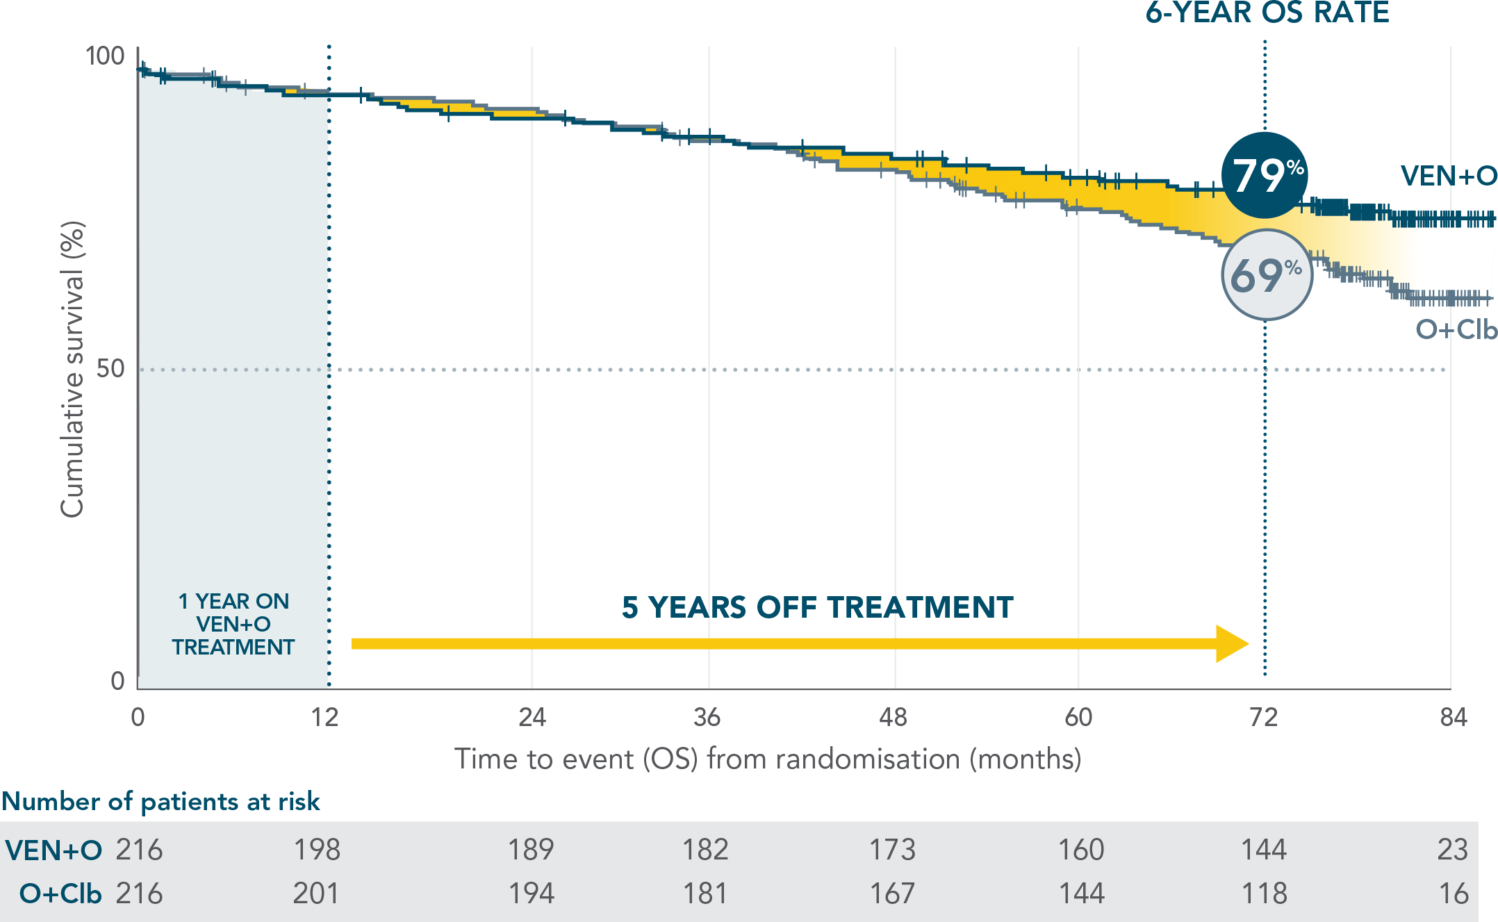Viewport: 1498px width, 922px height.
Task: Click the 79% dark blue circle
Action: point(1265,175)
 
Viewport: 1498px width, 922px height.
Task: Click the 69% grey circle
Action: point(1266,275)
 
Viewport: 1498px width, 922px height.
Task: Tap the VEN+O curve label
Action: point(1448,176)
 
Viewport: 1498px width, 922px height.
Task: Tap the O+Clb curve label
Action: point(1456,329)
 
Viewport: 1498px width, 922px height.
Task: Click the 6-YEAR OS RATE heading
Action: point(1267,13)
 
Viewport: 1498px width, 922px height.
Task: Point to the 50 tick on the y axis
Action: point(110,368)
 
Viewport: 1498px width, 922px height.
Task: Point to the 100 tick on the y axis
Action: point(104,56)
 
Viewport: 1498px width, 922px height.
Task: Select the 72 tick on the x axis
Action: point(1263,717)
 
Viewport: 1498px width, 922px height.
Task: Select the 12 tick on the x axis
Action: point(324,717)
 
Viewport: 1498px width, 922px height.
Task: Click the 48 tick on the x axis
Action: point(893,717)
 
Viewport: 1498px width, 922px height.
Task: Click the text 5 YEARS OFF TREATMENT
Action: point(817,607)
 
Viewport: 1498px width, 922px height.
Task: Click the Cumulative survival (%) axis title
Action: point(72,369)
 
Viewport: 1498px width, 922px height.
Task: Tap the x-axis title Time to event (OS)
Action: point(767,759)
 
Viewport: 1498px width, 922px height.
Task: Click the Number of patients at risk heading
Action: point(160,801)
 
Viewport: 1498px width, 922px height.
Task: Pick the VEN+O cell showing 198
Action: point(317,850)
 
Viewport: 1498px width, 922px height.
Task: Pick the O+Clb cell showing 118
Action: point(1264,894)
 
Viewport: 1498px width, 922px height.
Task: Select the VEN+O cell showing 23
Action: point(1452,850)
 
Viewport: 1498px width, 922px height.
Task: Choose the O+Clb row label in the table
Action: point(60,894)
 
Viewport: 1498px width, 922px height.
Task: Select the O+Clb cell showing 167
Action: point(892,894)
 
